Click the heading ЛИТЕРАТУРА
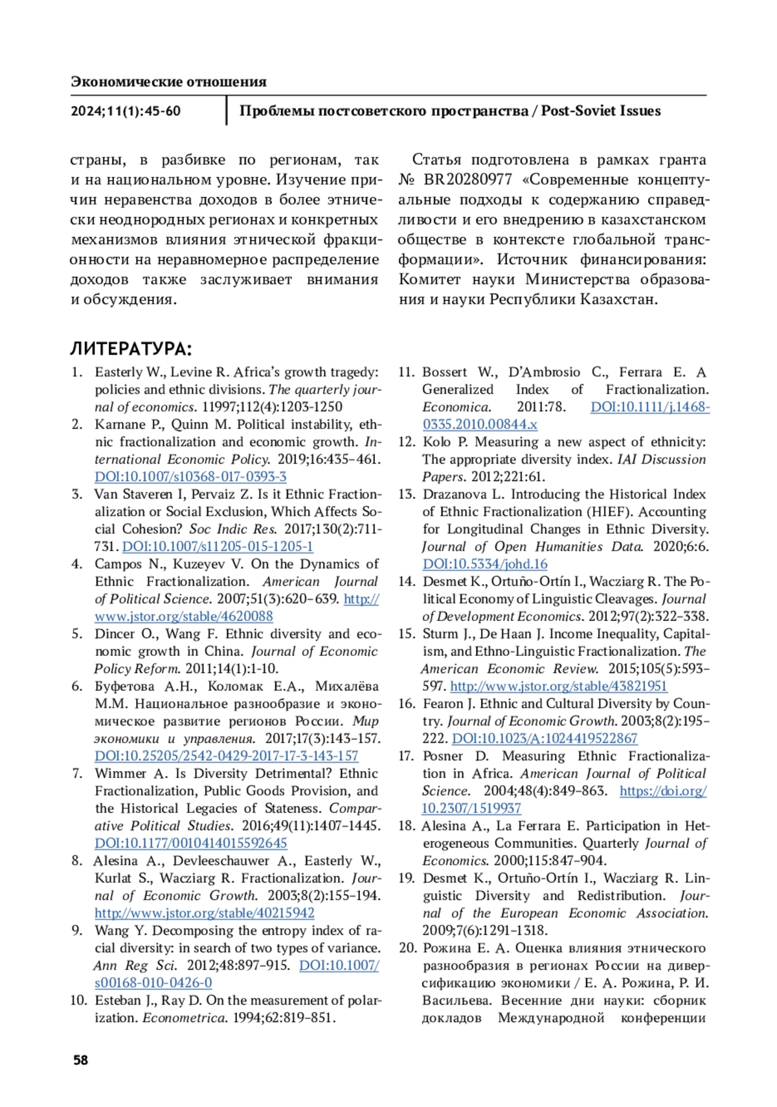(131, 349)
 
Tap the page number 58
(80, 1060)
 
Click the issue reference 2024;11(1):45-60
(126, 111)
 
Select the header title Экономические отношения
(168, 82)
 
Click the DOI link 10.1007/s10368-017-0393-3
(190, 476)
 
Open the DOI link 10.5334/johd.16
(485, 564)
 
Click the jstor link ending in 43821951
(558, 686)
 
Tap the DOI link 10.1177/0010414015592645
(190, 843)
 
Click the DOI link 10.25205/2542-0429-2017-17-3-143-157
(226, 755)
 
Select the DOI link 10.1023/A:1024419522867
(544, 738)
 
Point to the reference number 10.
(78, 1000)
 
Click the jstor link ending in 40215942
(204, 913)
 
